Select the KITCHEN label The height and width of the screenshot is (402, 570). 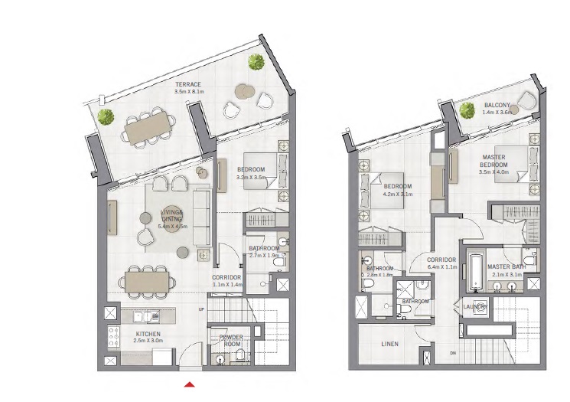pos(148,335)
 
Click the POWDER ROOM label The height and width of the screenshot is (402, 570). pos(231,340)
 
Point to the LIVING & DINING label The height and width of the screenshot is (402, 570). pos(171,214)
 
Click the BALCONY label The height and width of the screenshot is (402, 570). pos(497,106)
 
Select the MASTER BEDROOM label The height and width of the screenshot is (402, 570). pos(493,161)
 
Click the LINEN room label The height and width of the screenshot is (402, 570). pos(389,344)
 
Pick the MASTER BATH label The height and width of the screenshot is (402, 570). pos(505,266)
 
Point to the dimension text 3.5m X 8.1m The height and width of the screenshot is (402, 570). pos(187,91)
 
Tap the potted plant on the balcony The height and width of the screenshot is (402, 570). pos(468,110)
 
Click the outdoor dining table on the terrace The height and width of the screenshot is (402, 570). pos(149,127)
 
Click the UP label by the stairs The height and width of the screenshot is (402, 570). pos(201,309)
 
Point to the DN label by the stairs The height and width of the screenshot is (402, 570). pos(453,352)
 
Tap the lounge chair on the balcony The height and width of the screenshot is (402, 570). pos(526,100)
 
